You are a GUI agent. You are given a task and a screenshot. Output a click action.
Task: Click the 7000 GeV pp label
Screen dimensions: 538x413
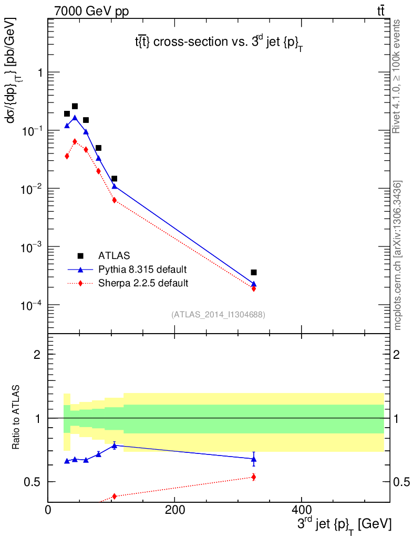tap(91, 12)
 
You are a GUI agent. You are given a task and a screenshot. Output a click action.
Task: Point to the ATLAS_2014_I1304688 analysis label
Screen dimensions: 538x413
tap(218, 315)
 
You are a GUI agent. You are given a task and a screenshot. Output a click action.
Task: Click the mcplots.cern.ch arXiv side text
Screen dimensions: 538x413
tap(398, 255)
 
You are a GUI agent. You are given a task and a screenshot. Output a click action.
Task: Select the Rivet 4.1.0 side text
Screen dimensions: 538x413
tap(398, 76)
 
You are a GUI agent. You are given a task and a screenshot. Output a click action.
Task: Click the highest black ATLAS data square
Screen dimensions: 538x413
tap(75, 106)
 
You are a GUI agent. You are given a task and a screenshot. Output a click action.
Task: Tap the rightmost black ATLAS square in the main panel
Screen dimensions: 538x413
tap(254, 272)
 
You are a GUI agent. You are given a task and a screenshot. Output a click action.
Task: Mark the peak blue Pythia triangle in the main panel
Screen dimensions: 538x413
tap(75, 118)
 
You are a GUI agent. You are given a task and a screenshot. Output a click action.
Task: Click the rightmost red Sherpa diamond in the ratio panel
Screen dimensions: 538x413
tap(254, 477)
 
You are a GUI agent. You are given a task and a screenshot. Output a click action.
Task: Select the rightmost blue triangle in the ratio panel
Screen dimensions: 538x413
tap(254, 459)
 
